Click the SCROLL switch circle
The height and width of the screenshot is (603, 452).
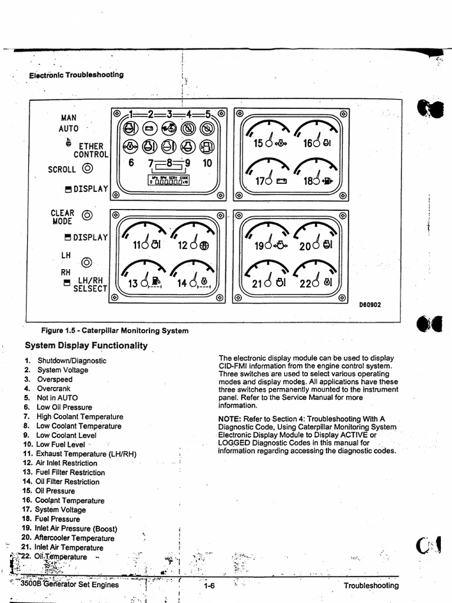[x=88, y=169]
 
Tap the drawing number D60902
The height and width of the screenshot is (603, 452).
[x=370, y=305]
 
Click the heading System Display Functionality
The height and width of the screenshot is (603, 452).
[x=86, y=346]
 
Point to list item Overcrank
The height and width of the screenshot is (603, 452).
[x=54, y=389]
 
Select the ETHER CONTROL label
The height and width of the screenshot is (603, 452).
[x=88, y=150]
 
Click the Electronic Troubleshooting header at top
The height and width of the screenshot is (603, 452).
[x=76, y=75]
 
